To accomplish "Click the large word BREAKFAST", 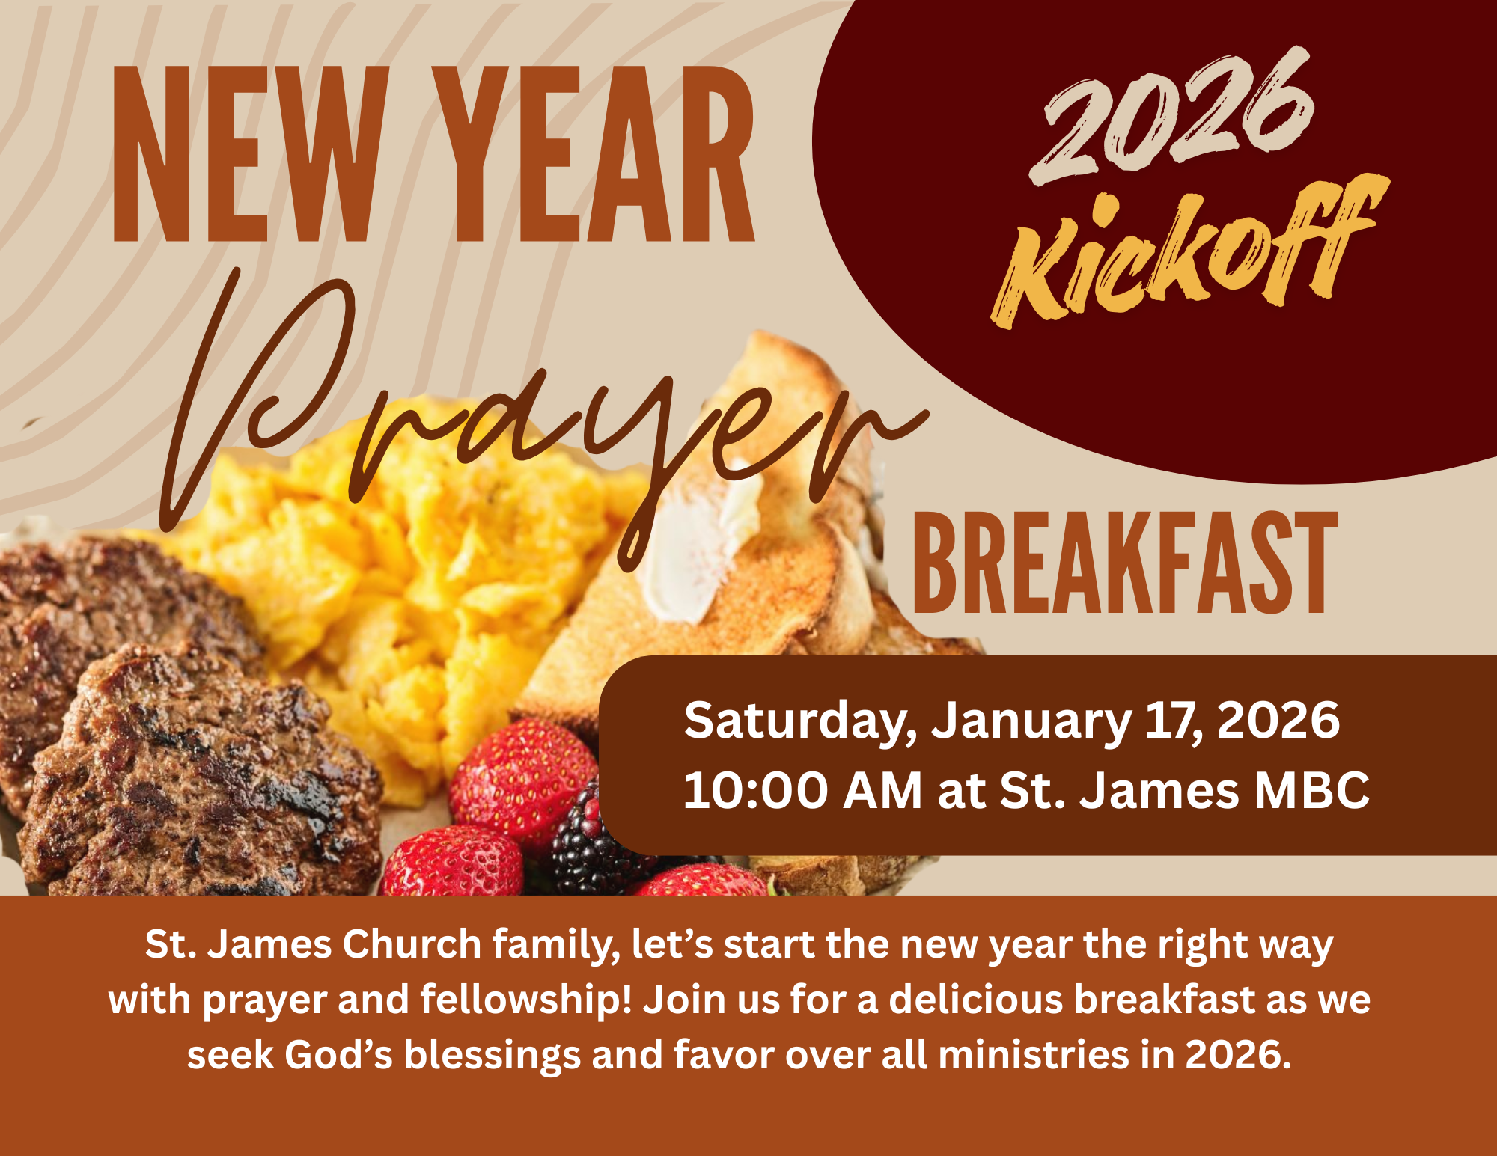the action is pyautogui.click(x=1125, y=564).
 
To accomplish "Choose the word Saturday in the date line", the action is pyautogui.click(x=800, y=721).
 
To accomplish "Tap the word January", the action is pyautogui.click(x=1030, y=721).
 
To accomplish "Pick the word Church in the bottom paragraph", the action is pyautogui.click(x=412, y=944).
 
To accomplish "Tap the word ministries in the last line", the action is pyautogui.click(x=1034, y=1055).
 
